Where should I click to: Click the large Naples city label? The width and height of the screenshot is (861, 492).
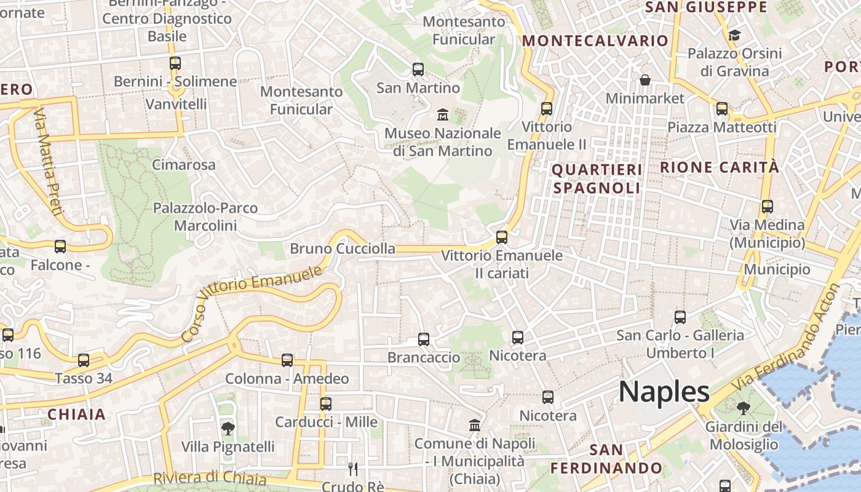664,392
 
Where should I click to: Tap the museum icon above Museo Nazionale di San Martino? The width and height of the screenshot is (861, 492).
442,114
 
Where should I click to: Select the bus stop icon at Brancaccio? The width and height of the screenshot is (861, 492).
424,339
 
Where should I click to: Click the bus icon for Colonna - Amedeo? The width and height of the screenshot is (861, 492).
287,360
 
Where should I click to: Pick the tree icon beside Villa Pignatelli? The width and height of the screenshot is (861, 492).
228,428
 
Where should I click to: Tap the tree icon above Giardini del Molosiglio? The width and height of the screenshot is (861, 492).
743,408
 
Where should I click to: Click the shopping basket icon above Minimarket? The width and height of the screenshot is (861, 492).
645,80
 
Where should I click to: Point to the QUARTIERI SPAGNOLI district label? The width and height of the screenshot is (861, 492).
597,178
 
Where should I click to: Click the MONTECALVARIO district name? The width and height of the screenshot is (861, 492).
595,41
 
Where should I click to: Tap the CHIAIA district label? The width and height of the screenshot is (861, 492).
77,415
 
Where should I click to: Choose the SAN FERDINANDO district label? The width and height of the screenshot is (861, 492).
606,459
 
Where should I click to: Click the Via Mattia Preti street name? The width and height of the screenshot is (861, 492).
49,162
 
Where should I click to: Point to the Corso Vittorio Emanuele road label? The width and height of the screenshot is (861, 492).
252,304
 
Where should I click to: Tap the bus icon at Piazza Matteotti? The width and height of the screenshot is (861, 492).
722,109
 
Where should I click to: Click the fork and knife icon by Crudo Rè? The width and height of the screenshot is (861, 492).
352,469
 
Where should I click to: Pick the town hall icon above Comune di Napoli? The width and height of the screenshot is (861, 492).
475,425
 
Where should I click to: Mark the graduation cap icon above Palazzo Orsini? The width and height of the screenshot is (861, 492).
734,35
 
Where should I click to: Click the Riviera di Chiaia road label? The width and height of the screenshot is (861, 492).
209,478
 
